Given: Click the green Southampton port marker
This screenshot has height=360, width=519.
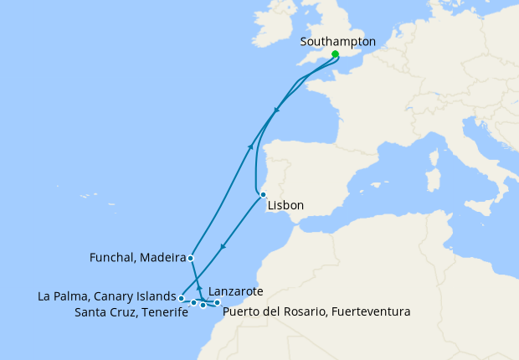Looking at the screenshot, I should click(x=335, y=54).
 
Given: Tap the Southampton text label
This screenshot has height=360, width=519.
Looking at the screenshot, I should click(x=337, y=41).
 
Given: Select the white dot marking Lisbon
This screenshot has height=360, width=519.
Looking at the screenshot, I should click(x=263, y=194).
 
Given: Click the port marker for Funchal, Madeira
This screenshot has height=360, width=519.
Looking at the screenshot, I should click(x=192, y=258).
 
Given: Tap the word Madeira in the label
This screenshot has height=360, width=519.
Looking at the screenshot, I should click(x=162, y=259).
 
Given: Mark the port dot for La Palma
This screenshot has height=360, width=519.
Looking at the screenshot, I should click(x=182, y=297).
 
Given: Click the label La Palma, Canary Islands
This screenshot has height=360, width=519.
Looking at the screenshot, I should click(x=107, y=296).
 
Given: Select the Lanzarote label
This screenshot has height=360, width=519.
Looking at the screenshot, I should click(x=235, y=291).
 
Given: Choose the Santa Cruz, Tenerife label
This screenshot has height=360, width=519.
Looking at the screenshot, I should click(x=131, y=313).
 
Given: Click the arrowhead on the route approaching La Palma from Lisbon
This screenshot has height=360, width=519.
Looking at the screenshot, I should click(x=222, y=248).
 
